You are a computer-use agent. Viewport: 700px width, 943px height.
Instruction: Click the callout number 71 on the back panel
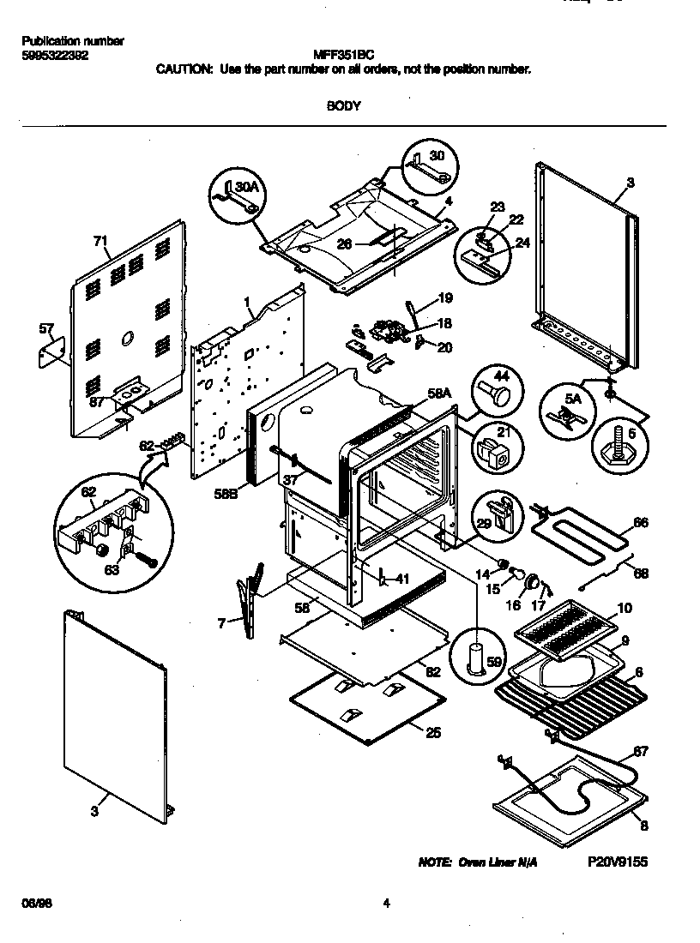(x=100, y=242)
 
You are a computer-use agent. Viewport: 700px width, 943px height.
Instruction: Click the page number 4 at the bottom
(x=387, y=903)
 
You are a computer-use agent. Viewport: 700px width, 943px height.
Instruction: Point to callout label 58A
(x=439, y=393)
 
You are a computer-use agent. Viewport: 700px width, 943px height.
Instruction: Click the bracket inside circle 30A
(x=237, y=196)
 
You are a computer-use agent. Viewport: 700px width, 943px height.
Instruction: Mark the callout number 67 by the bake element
(x=640, y=752)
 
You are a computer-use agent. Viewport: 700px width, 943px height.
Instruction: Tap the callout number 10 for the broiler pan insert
(x=625, y=608)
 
